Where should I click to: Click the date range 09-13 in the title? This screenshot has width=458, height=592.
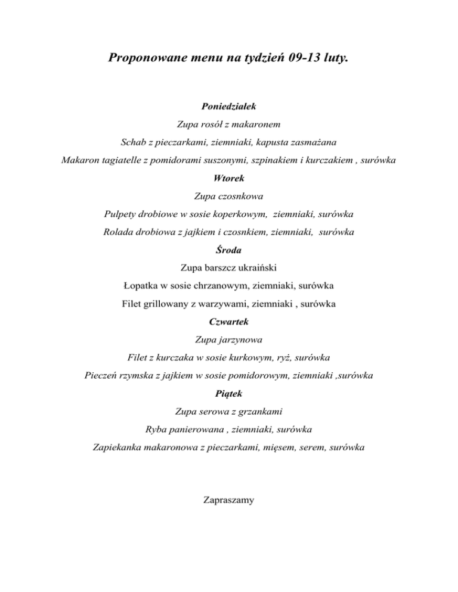[x=293, y=59]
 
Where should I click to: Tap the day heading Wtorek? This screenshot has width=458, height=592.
[x=229, y=177]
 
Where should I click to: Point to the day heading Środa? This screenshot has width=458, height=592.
[x=229, y=250]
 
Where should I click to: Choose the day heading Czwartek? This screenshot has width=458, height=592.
[x=229, y=322]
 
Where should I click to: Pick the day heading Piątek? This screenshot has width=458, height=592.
[x=229, y=393]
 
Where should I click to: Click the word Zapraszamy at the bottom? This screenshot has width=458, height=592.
[x=229, y=500]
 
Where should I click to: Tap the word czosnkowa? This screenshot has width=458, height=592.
[x=241, y=195]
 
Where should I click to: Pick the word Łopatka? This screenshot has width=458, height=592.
[x=142, y=286]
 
